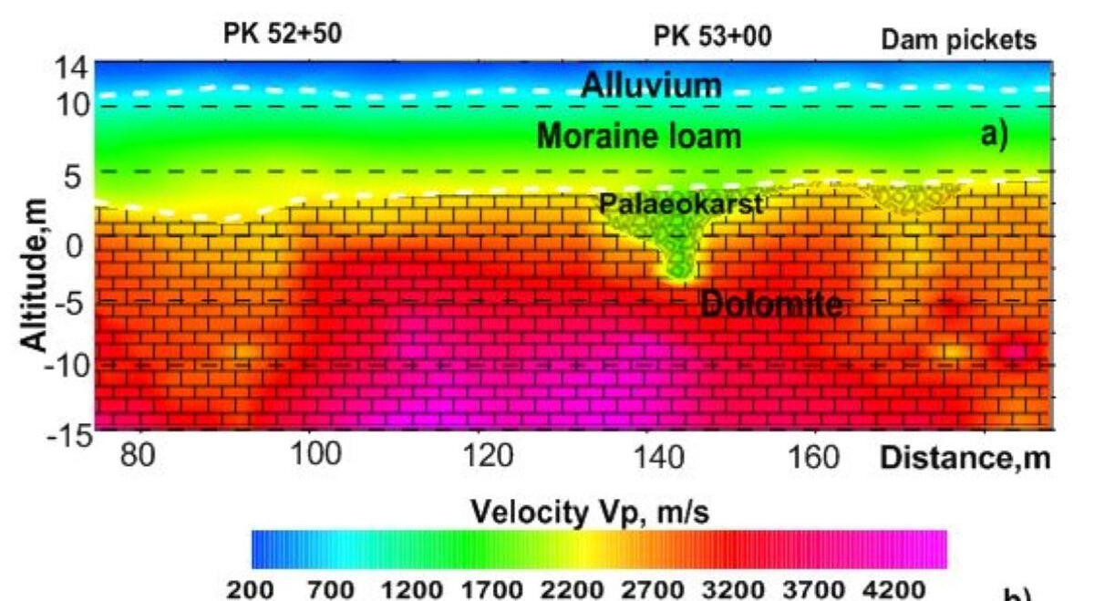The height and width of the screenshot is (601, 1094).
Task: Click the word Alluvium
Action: (651, 86)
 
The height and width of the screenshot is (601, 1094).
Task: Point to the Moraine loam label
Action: (638, 137)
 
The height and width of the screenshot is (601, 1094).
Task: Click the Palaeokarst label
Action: (680, 204)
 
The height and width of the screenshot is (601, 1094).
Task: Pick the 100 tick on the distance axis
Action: (309, 455)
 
